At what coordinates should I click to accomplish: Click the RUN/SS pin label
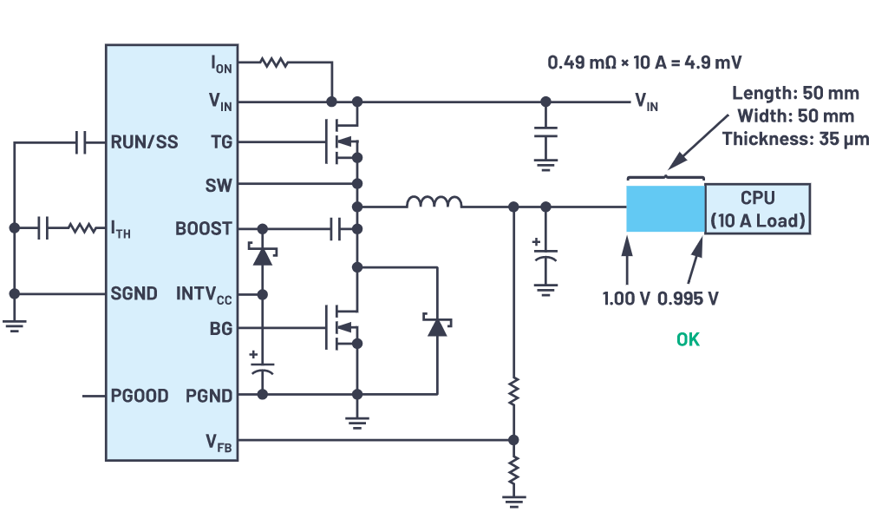click(x=144, y=142)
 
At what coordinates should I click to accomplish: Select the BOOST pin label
click(x=204, y=229)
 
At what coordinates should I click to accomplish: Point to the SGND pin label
click(x=134, y=293)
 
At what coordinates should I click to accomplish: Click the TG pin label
click(x=221, y=142)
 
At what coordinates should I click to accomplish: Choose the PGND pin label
click(x=209, y=396)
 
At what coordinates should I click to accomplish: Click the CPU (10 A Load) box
click(x=758, y=209)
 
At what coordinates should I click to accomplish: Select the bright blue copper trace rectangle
click(x=665, y=208)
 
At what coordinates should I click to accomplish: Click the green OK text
click(x=687, y=339)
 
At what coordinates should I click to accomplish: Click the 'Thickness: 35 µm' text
click(x=795, y=138)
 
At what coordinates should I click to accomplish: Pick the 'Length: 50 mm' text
click(x=793, y=94)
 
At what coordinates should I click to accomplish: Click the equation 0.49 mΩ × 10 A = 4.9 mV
click(x=644, y=63)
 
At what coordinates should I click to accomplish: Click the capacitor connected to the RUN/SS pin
click(x=82, y=142)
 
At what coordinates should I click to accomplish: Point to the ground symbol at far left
click(x=14, y=325)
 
